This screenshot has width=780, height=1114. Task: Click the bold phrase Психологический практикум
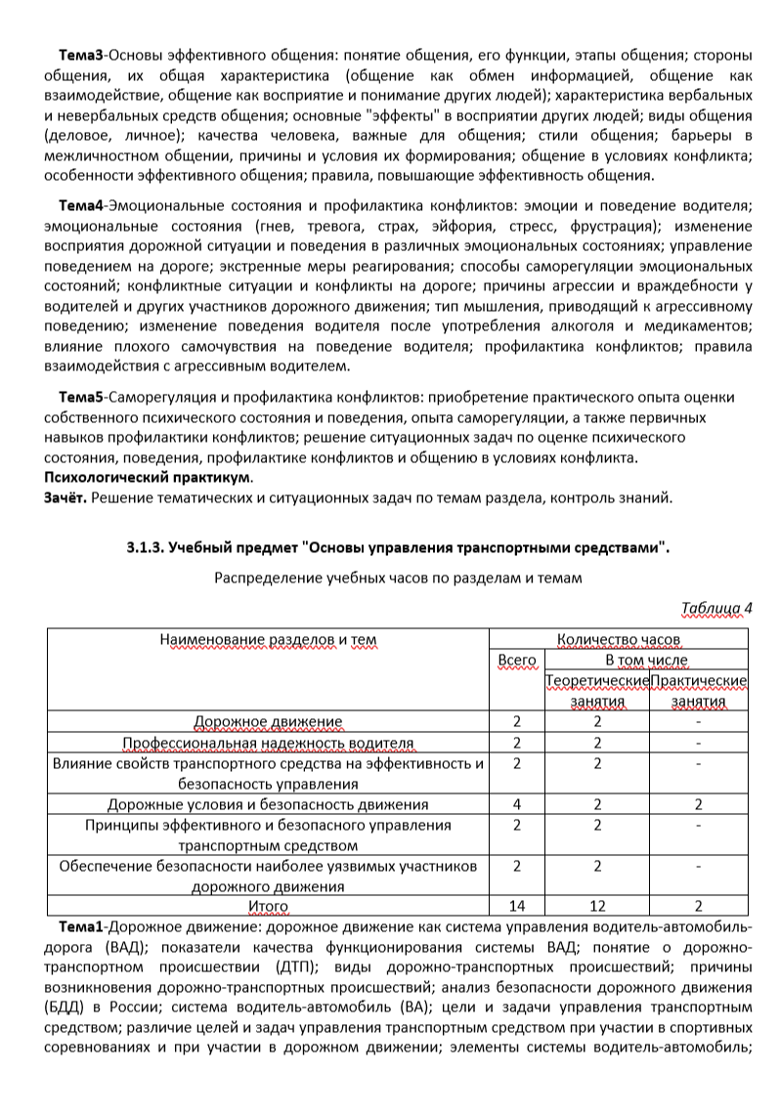point(147,478)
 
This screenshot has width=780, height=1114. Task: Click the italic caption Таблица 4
point(717,608)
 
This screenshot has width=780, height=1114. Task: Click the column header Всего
point(517,661)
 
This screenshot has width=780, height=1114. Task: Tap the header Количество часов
point(619,641)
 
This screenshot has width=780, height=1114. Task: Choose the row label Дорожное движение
point(268,722)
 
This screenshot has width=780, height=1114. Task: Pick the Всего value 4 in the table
point(517,805)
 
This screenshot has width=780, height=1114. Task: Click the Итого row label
point(268,907)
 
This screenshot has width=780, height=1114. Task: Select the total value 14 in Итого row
point(517,907)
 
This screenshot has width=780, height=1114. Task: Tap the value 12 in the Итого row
point(597,907)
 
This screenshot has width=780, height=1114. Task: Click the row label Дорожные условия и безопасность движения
point(268,805)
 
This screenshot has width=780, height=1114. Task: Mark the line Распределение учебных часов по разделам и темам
point(399,578)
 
